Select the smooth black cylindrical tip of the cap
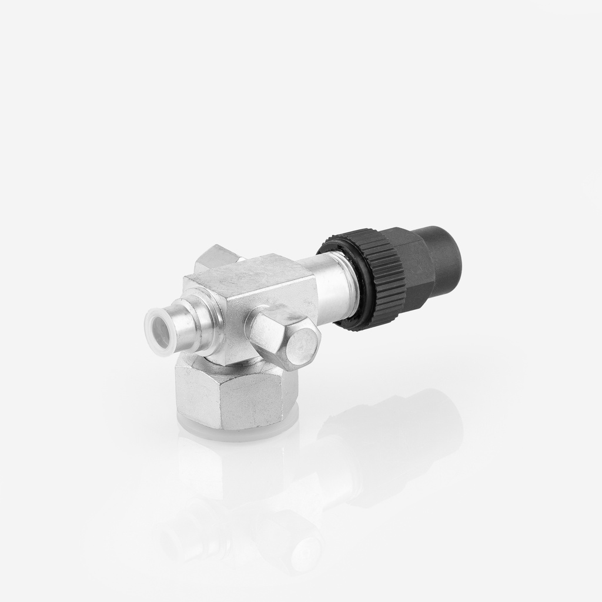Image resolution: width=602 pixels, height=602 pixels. pyautogui.click(x=447, y=255)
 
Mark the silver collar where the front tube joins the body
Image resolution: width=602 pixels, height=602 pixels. pyautogui.click(x=209, y=323)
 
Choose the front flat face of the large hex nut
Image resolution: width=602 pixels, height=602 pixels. pyautogui.click(x=244, y=403)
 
